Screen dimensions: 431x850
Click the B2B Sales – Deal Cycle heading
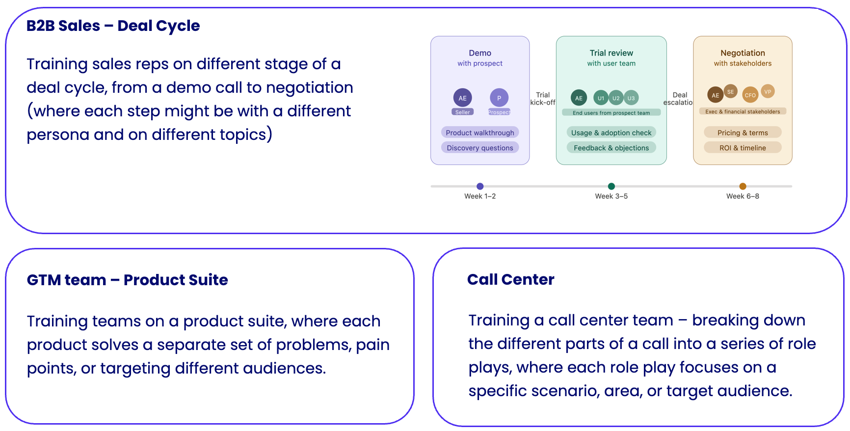pyautogui.click(x=113, y=26)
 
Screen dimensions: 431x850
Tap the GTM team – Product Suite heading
pyautogui.click(x=127, y=280)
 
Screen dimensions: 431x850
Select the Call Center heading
pyautogui.click(x=510, y=279)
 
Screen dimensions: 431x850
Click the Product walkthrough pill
pyautogui.click(x=479, y=133)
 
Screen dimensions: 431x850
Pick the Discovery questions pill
pyautogui.click(x=479, y=148)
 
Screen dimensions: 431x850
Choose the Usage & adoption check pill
pyautogui.click(x=611, y=133)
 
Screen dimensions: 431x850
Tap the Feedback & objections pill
pyautogui.click(x=611, y=148)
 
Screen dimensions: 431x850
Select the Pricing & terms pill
pyautogui.click(x=742, y=133)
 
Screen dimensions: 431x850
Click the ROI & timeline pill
pyautogui.click(x=742, y=148)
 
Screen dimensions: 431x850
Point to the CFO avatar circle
pyautogui.click(x=750, y=95)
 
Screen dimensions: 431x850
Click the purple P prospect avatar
pyautogui.click(x=499, y=98)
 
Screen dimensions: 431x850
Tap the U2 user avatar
pyautogui.click(x=615, y=98)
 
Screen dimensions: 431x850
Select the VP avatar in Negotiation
pyautogui.click(x=768, y=91)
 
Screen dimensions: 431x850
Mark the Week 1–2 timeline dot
pyautogui.click(x=480, y=186)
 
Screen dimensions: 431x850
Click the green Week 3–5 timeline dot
pyautogui.click(x=611, y=186)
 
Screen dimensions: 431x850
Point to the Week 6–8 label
pyautogui.click(x=742, y=196)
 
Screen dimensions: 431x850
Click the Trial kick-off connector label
pyautogui.click(x=543, y=99)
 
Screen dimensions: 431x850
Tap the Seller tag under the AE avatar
pyautogui.click(x=462, y=112)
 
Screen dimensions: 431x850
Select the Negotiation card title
pyautogui.click(x=742, y=53)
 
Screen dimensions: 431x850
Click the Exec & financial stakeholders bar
pyautogui.click(x=742, y=111)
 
